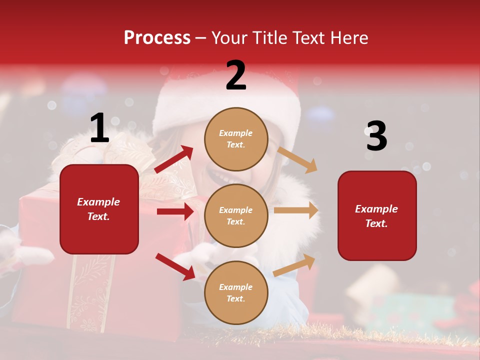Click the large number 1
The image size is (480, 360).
(99, 128)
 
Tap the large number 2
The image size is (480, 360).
(236, 75)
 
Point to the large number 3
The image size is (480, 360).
(376, 136)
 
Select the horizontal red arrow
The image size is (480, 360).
(175, 211)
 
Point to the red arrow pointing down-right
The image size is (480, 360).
(175, 266)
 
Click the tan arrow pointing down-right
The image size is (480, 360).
(297, 160)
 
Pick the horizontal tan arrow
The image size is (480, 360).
(296, 210)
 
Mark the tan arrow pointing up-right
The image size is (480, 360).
(294, 265)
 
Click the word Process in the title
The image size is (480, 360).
(157, 37)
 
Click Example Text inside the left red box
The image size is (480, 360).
(98, 209)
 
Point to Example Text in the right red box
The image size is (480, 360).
(376, 216)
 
